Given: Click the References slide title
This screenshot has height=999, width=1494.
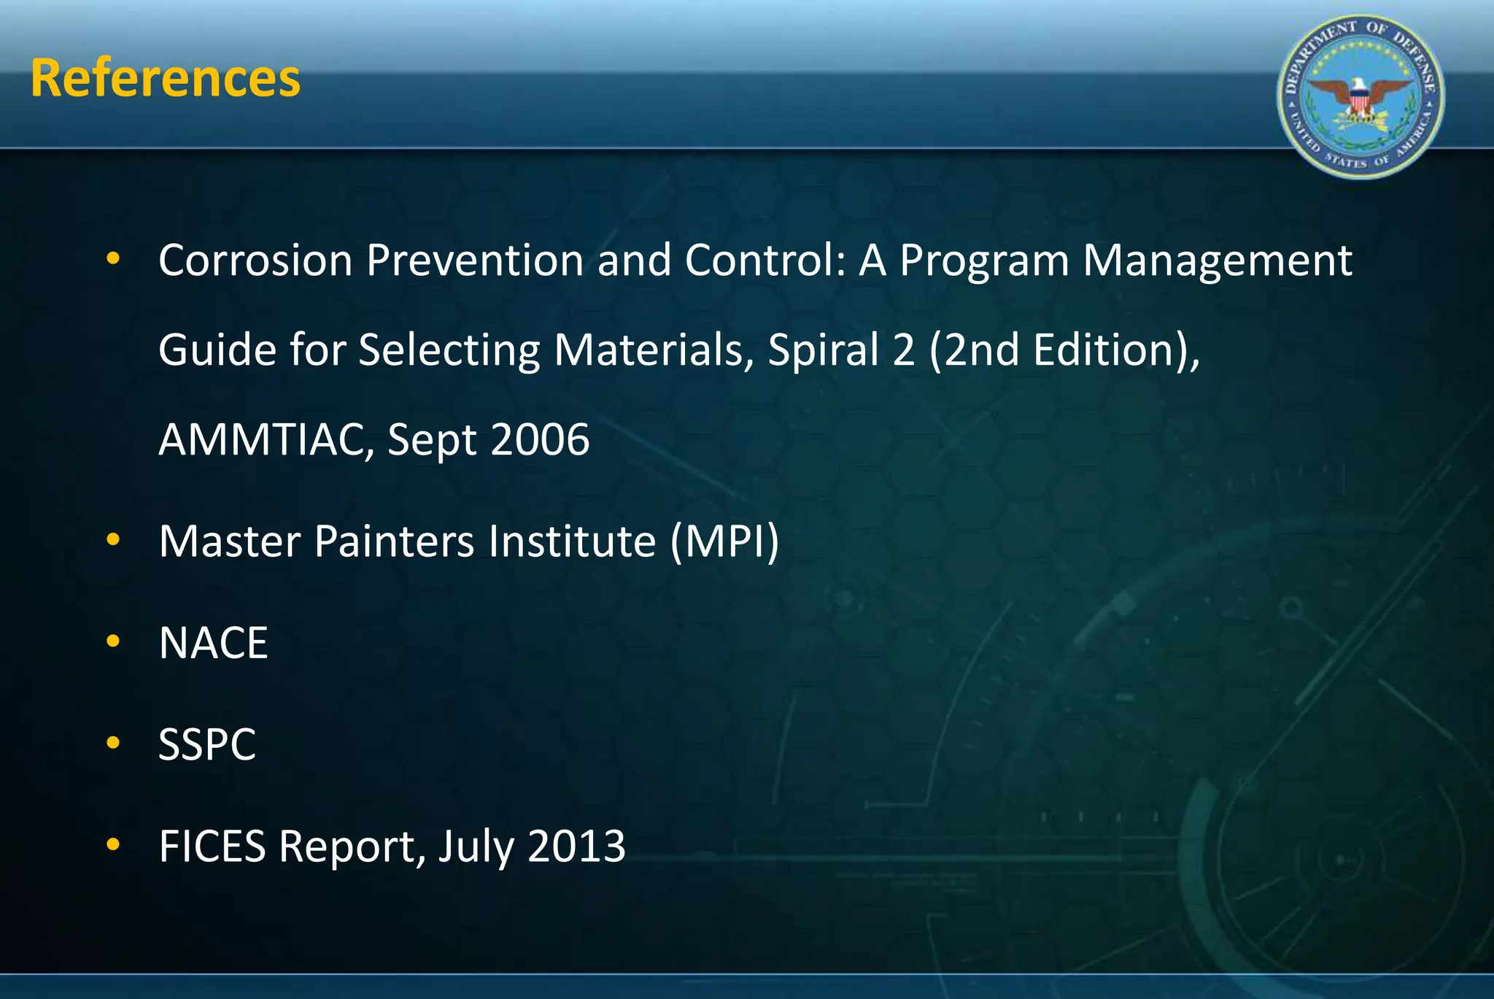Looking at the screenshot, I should pos(166,79).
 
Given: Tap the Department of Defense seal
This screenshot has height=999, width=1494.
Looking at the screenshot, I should pos(1361,97).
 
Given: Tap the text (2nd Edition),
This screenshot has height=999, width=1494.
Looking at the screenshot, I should pos(1064,350).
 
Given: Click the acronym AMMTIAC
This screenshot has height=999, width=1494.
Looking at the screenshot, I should pos(264,439).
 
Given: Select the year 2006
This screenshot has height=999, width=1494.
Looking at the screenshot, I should pos(540,439).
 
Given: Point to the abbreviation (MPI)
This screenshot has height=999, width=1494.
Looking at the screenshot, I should pos(724,541).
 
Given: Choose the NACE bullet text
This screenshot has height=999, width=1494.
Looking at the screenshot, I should pos(213,643).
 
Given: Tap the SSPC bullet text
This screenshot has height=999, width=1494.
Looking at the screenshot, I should pos(207,744).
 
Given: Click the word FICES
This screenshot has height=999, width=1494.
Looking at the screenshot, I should pos(212,846).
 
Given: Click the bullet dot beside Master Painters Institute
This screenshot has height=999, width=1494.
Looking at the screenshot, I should pos(112,540).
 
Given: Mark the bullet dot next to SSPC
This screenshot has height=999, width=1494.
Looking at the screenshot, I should pos(112,743).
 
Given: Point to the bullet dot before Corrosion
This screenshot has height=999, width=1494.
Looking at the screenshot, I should pos(112,258).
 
